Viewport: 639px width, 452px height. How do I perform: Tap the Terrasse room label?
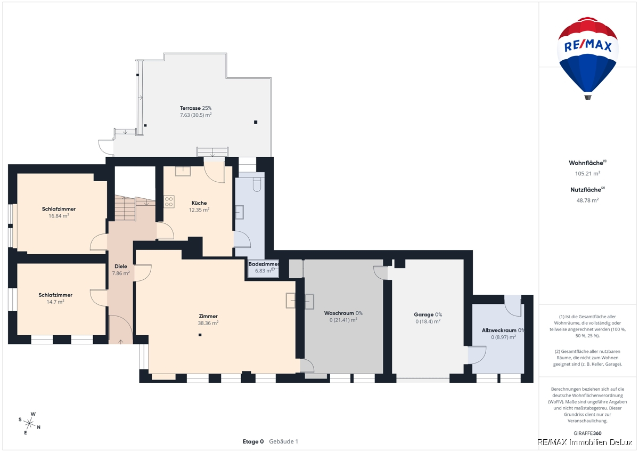pyautogui.click(x=190, y=108)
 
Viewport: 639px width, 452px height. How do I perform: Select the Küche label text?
pyautogui.click(x=199, y=203)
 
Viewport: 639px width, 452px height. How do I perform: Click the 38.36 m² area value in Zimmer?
pyautogui.click(x=208, y=323)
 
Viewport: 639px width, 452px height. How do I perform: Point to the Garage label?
pyautogui.click(x=424, y=314)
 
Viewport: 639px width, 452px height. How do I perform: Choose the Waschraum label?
pyautogui.click(x=339, y=313)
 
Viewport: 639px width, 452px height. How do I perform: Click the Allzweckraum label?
pyautogui.click(x=499, y=330)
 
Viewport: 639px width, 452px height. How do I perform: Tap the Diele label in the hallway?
pyautogui.click(x=121, y=267)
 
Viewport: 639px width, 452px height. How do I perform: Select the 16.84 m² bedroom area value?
pyautogui.click(x=59, y=216)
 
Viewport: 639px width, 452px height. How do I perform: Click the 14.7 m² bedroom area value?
pyautogui.click(x=55, y=302)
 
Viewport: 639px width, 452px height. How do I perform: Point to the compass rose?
pyautogui.click(x=29, y=423)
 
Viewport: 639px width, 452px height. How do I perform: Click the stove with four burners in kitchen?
pyautogui.click(x=169, y=201)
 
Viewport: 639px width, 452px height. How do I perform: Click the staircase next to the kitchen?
pyautogui.click(x=135, y=208)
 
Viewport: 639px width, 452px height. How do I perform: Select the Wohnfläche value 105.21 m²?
pyautogui.click(x=588, y=174)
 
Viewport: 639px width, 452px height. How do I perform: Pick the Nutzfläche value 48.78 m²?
pyautogui.click(x=588, y=200)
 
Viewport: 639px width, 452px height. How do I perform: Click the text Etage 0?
pyautogui.click(x=253, y=441)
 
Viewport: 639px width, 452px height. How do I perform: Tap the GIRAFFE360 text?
pyautogui.click(x=588, y=433)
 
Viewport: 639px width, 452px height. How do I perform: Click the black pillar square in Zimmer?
pyautogui.click(x=200, y=335)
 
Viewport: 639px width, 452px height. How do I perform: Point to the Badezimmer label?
pyautogui.click(x=264, y=264)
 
